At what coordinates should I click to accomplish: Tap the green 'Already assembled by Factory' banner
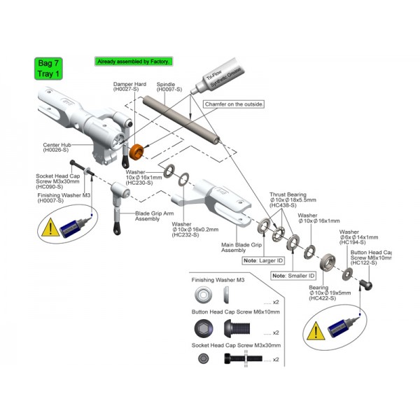click(133, 62)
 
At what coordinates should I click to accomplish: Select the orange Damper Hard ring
click(138, 150)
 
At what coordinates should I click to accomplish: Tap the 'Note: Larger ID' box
click(263, 260)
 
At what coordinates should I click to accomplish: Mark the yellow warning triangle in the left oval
click(51, 227)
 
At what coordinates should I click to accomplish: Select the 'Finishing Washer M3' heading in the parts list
click(218, 280)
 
